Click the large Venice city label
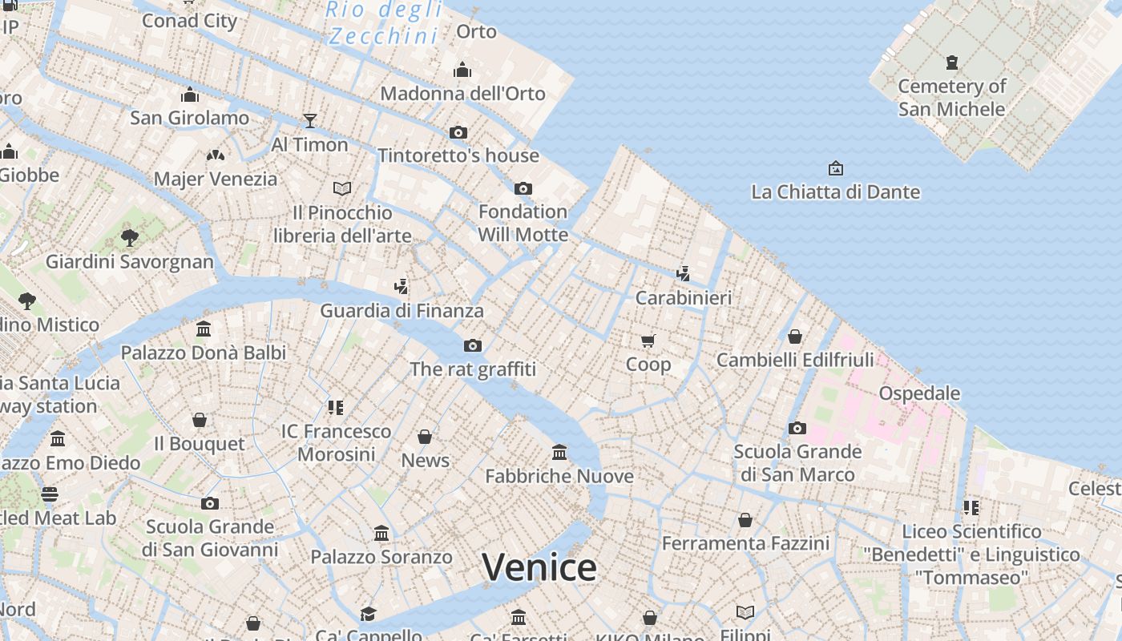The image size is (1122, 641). tap(539, 567)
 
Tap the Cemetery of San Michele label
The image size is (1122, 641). tap(951, 97)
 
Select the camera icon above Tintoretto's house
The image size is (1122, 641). tap(458, 132)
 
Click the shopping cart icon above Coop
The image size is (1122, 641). tap(648, 341)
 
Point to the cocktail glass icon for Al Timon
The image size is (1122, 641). tap(310, 121)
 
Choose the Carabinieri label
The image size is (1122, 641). tap(684, 298)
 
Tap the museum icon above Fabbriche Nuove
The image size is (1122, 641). tap(559, 453)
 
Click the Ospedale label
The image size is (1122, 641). tap(919, 393)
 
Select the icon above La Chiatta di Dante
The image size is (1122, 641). tap(835, 168)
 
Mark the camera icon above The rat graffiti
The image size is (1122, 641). tap(473, 345)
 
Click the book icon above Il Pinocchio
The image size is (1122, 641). tap(342, 188)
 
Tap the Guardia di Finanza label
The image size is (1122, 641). tap(402, 310)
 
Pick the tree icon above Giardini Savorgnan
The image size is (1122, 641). tap(129, 237)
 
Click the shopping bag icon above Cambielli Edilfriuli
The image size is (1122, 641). tap(795, 337)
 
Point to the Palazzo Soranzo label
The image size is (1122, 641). tap(381, 556)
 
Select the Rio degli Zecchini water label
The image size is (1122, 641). tap(385, 22)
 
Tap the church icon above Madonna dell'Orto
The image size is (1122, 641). tap(462, 71)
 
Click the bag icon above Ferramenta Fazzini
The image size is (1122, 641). tap(745, 520)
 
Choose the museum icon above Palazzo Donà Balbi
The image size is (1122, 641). tap(204, 329)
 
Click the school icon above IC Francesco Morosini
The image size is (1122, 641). tap(336, 408)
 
